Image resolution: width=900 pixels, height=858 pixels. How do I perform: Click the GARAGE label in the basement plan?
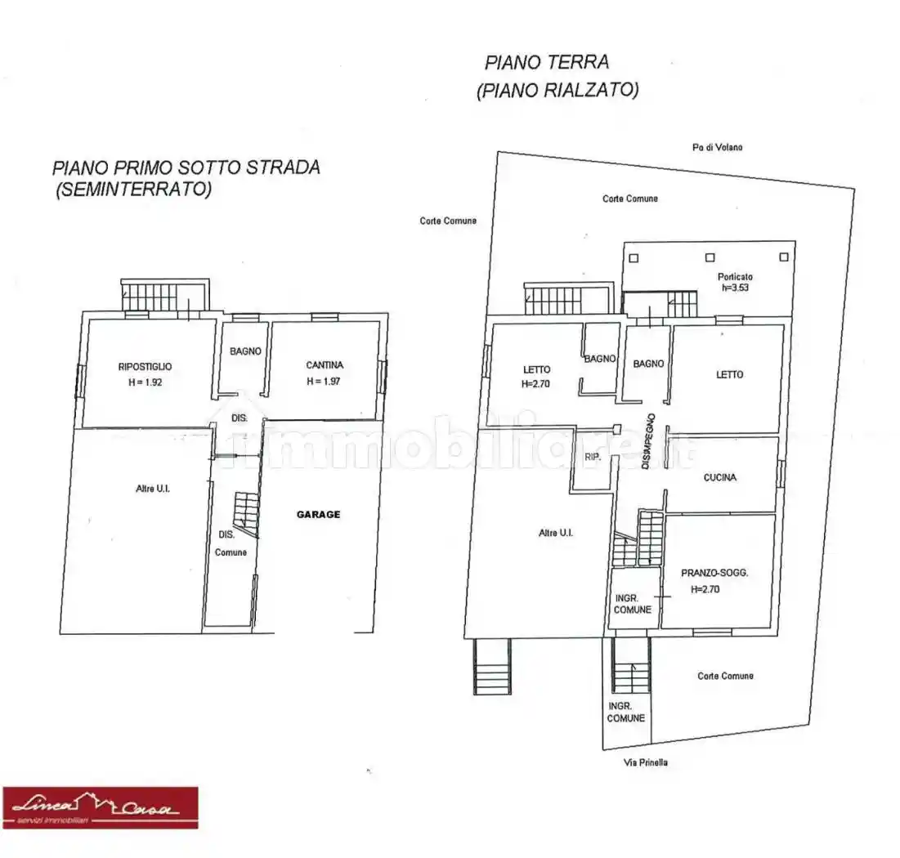pos(318,514)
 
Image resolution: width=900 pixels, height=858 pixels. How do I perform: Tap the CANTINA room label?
pos(325,365)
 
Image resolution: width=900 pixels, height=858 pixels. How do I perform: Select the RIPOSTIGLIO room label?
pos(145,367)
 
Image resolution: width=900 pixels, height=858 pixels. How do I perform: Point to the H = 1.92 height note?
pos(145,382)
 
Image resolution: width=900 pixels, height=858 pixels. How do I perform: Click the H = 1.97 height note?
pos(325,381)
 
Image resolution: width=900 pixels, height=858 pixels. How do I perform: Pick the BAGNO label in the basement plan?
pos(245,351)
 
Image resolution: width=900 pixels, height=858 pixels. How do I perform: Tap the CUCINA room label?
pos(719,477)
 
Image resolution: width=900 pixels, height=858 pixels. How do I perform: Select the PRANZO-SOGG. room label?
pos(714,574)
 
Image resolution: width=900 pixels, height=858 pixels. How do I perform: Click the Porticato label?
pos(736,276)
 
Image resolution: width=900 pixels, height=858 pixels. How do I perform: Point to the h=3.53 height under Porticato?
pos(736,288)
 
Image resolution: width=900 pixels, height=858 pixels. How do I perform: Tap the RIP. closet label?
pos(593,458)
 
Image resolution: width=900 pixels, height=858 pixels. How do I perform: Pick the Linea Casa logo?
pos(100,807)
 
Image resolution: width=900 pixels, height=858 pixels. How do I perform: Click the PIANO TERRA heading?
pos(546,62)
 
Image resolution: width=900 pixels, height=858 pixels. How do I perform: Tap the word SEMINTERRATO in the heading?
pos(132,190)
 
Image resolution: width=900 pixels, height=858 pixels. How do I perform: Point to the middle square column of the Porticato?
pos(708,256)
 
